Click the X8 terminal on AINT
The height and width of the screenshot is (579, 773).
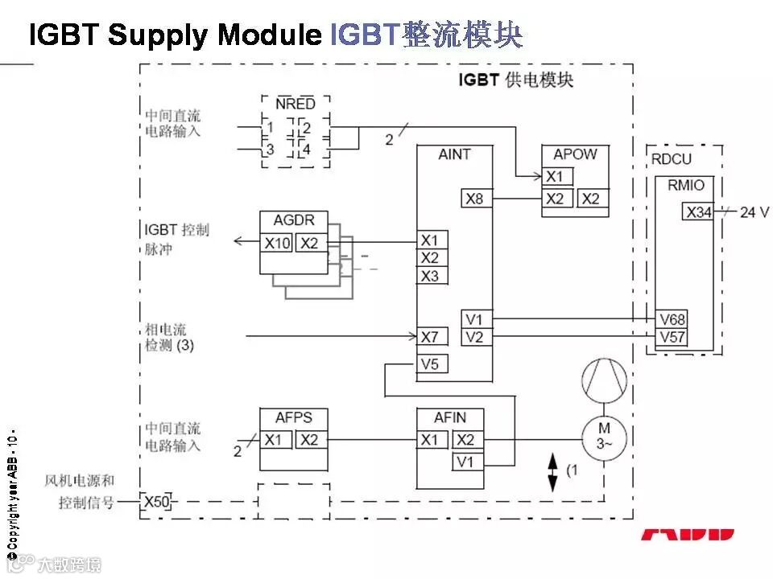pos(475,198)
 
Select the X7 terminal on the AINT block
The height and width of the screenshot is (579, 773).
pos(430,336)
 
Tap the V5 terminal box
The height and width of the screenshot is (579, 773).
pos(430,364)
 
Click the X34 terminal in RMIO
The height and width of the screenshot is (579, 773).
pos(698,212)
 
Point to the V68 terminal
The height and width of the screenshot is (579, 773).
pos(672,319)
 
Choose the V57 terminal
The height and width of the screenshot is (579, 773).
pos(672,337)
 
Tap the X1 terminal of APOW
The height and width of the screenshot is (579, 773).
pos(555,177)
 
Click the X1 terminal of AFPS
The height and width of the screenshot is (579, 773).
pos(275,440)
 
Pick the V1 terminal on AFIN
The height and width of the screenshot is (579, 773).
pos(465,462)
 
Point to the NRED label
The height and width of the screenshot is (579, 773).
pos(296,104)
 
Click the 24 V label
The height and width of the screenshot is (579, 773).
pos(754,212)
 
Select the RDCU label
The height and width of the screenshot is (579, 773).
pos(671,159)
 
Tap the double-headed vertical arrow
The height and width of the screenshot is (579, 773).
pos(552,472)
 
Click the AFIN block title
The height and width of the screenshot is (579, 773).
pos(449,418)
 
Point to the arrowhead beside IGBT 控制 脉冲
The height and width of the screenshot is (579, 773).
pos(239,241)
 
